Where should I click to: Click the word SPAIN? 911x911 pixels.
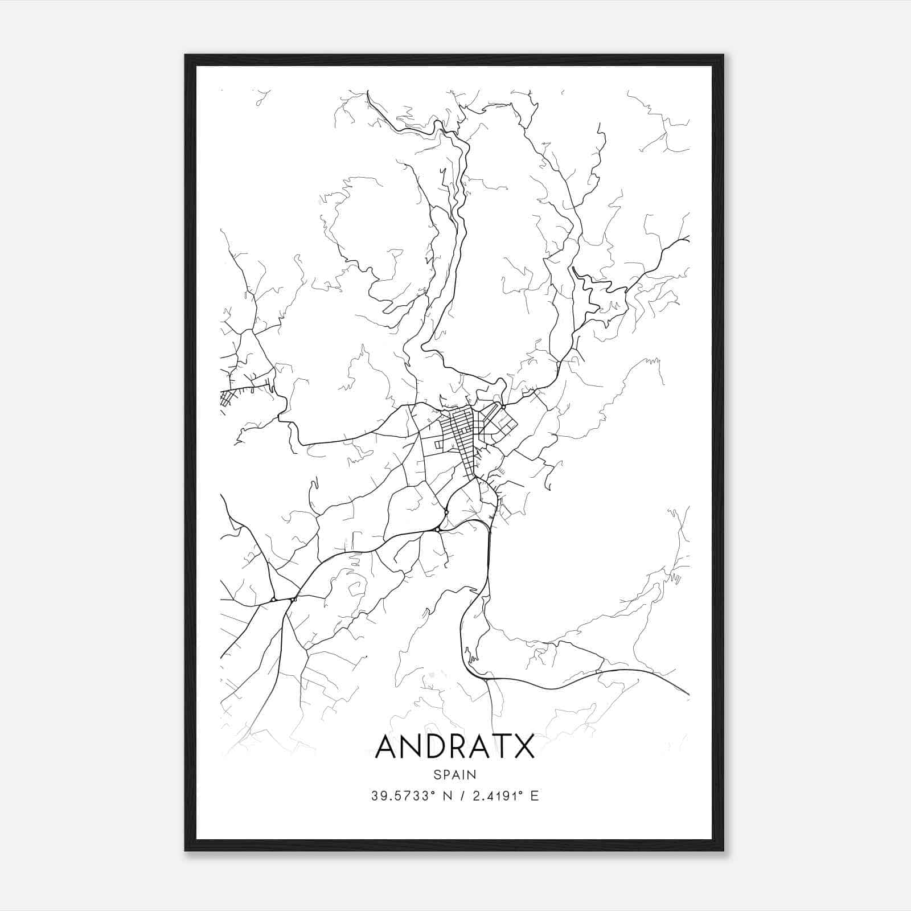455,774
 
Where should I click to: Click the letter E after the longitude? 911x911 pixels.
534,796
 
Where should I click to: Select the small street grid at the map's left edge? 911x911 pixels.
227,397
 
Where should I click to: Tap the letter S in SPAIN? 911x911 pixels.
436,774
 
